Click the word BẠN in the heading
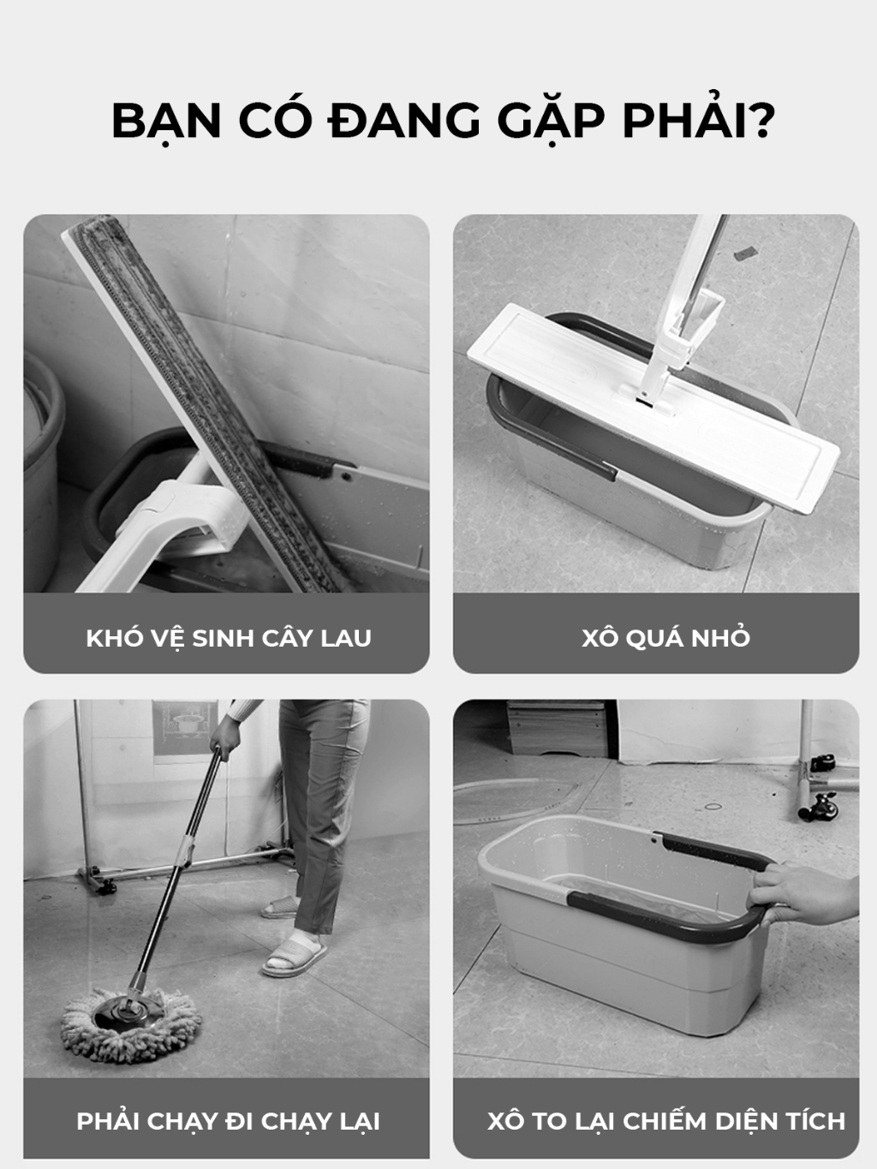pos(166,122)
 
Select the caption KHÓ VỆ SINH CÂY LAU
pos(229,637)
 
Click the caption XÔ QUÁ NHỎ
pos(665,637)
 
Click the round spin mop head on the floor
pos(131,1024)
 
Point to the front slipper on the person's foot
pos(295,957)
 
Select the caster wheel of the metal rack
pos(820,807)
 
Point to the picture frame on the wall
pos(185,728)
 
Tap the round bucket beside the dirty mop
pos(43,468)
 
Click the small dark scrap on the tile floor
pos(745,253)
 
